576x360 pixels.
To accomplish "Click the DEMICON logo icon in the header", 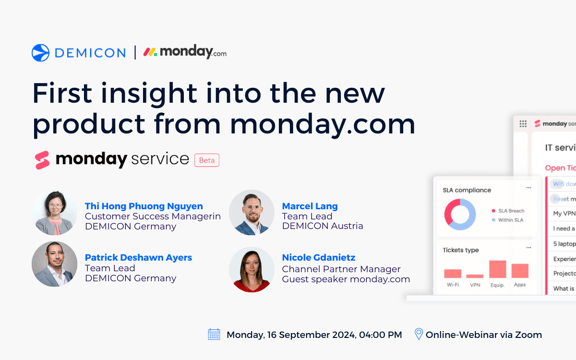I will [x=40, y=53].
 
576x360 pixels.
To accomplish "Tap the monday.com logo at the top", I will [x=185, y=52].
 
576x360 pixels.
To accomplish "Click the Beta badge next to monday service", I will [x=207, y=160].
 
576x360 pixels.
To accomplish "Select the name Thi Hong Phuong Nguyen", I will [x=143, y=206].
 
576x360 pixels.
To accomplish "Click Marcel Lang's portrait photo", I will [x=251, y=214].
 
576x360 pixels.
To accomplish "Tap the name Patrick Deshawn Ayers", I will [x=138, y=257].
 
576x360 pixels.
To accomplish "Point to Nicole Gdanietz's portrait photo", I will [x=251, y=266].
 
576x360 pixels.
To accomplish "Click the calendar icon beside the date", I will [x=214, y=334].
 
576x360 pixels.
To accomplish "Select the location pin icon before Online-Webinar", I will [x=419, y=334].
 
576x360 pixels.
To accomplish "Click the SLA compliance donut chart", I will [x=460, y=214].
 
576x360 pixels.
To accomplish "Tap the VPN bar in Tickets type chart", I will [x=475, y=275].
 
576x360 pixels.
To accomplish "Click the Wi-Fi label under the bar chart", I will [x=453, y=285].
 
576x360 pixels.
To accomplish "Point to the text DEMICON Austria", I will [x=322, y=226].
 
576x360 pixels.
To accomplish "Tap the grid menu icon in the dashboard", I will [x=523, y=124].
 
